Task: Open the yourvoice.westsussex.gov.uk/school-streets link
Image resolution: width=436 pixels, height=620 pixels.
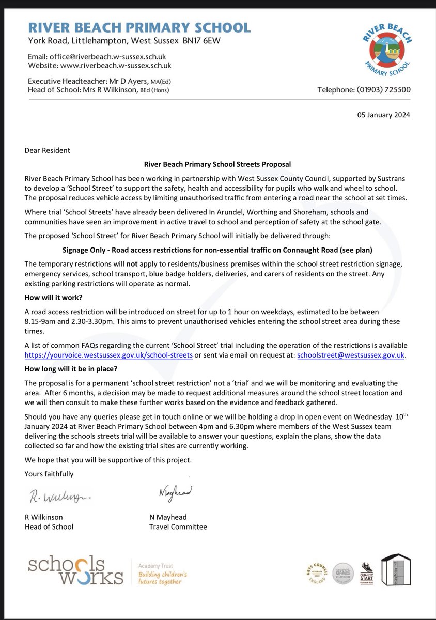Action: [108, 355]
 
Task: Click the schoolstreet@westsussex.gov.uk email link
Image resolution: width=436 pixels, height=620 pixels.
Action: [347, 355]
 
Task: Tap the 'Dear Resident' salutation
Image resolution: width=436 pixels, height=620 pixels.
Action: [47, 151]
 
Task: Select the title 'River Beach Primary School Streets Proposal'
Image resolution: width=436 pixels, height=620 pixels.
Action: [217, 164]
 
